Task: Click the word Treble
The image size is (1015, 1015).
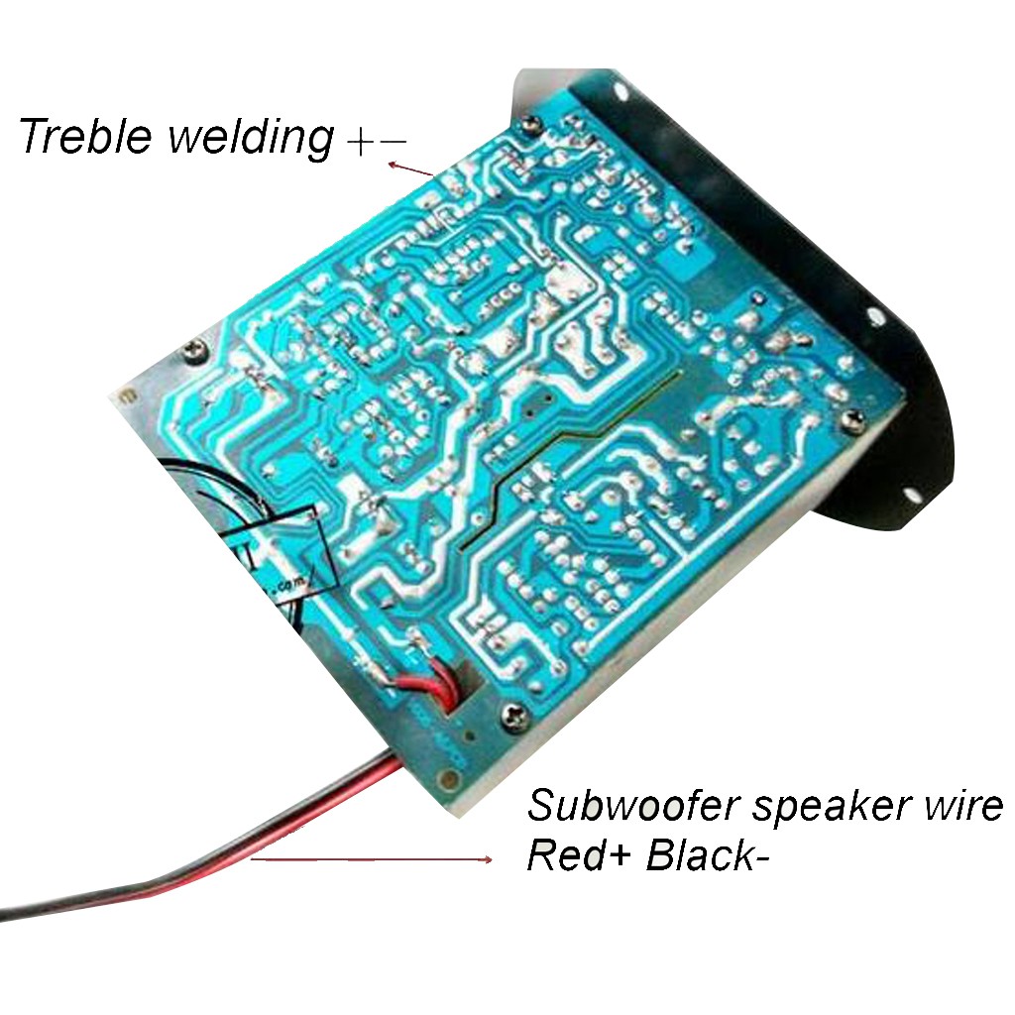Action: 85,136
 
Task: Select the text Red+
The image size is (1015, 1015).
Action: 575,854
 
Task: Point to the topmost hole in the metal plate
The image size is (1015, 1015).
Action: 621,91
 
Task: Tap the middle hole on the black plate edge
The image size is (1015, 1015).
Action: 875,316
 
